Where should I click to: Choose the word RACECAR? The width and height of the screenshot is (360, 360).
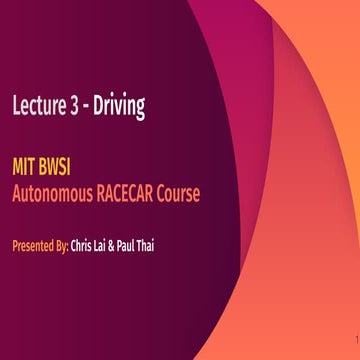pos(132,192)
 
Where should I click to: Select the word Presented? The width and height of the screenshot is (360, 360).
pos(31,243)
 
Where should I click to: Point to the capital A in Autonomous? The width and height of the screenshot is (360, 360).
pos(17,192)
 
